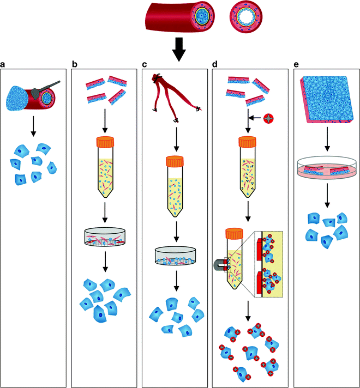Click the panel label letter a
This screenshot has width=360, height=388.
pyautogui.click(x=3, y=64)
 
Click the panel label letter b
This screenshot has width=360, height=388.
pyautogui.click(x=75, y=64)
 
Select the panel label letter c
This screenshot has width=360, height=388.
pyautogui.click(x=145, y=64)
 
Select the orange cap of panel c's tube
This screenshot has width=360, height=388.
pyautogui.click(x=176, y=162)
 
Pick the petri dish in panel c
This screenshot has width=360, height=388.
pyautogui.click(x=176, y=256)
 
